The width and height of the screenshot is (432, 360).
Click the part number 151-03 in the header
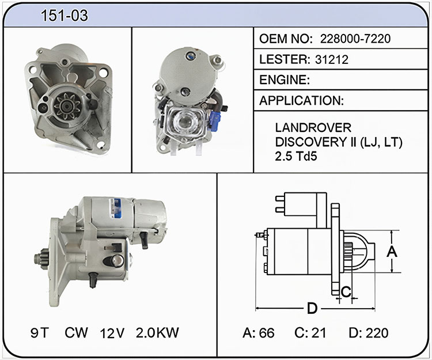coord(64,16)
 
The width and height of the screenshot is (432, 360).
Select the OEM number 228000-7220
coord(355,39)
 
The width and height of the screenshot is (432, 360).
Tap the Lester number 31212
coord(332,59)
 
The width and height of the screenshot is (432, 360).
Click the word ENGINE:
coord(285,80)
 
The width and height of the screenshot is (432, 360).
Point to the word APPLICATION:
coord(302,101)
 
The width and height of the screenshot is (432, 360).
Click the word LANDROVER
coord(313,128)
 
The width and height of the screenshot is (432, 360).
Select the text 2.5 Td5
coord(296,156)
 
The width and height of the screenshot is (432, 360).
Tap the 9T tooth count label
coord(40,333)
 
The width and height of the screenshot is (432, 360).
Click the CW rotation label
coord(76,333)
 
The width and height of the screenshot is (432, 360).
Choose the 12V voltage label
coord(112,334)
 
